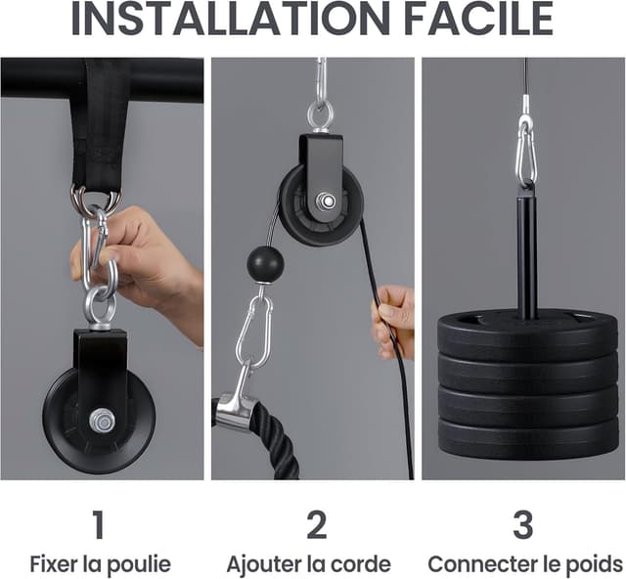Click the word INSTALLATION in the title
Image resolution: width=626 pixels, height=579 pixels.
point(231,19)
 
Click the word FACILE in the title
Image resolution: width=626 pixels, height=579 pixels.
point(478,19)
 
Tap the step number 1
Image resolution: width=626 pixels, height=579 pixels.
point(99,524)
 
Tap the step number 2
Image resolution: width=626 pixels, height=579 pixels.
point(317,524)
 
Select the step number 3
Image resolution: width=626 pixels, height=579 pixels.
point(523,524)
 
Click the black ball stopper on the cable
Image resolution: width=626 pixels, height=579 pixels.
point(265,264)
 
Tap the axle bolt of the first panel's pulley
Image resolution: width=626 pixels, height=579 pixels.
point(102,421)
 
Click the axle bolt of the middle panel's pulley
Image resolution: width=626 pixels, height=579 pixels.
point(327,200)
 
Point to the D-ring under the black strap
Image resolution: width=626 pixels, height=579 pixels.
point(96,198)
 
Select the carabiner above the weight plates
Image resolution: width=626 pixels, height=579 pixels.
point(526,154)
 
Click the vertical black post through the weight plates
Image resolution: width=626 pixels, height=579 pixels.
point(527,255)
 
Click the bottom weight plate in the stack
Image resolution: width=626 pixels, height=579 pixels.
point(527,437)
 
